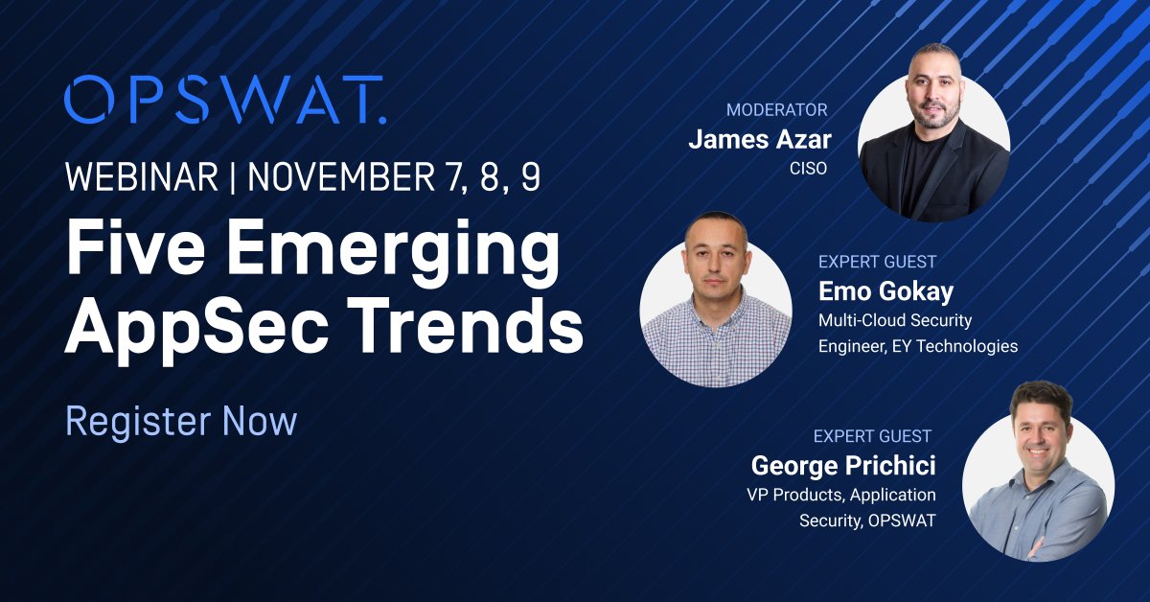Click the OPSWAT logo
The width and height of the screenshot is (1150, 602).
[x=225, y=100]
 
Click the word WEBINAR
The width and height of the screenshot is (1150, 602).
[x=140, y=178]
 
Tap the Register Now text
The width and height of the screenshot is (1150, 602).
[x=181, y=422]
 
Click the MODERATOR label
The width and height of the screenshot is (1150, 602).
[x=776, y=110]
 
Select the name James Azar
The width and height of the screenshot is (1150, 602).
[x=760, y=141]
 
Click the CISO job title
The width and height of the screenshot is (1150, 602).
[x=813, y=170]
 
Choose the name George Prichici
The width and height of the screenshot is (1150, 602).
[x=843, y=466]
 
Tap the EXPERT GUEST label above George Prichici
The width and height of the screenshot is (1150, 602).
[x=872, y=436]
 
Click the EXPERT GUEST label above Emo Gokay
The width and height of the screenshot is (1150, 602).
[x=877, y=261]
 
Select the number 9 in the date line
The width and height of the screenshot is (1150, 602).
[x=530, y=178]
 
